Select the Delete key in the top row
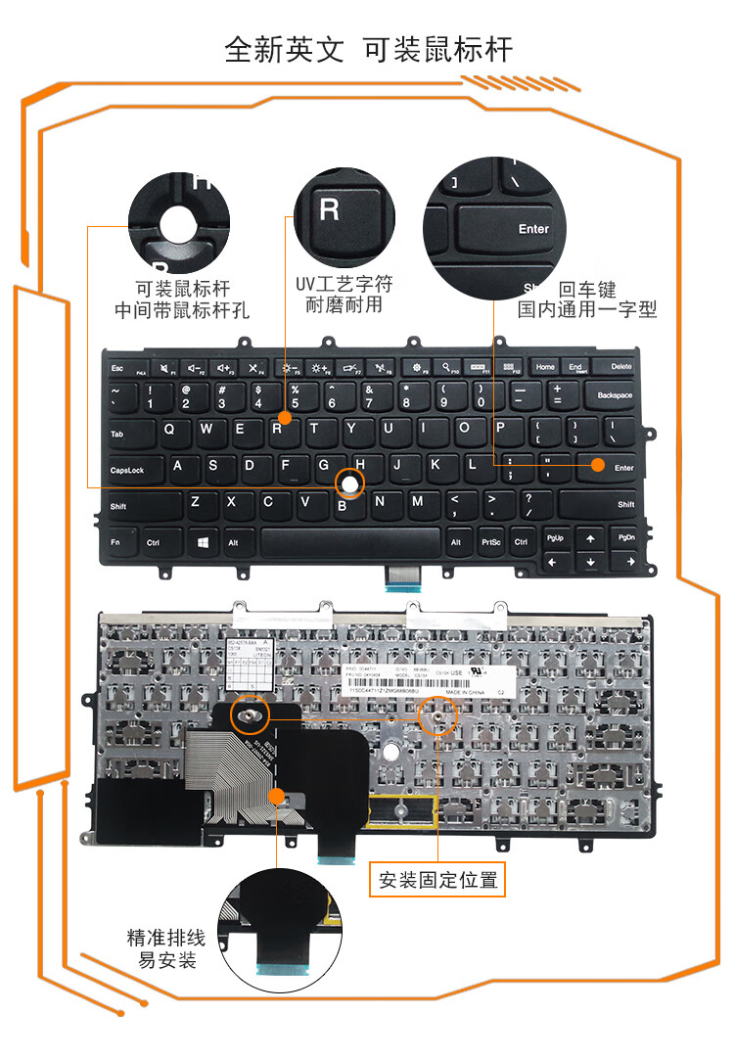coord(620,366)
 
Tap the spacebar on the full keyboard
coord(349,540)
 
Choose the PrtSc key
coord(490,541)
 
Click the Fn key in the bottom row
coord(117,541)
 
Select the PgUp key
coord(555,538)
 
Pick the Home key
coord(545,366)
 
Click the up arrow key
coord(590,538)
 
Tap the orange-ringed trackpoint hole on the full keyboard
coord(349,482)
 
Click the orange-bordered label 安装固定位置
coord(437,880)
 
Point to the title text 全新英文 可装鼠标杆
coord(368,50)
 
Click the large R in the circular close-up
coord(330,208)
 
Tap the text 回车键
coord(587,290)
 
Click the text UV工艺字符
coord(344,284)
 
